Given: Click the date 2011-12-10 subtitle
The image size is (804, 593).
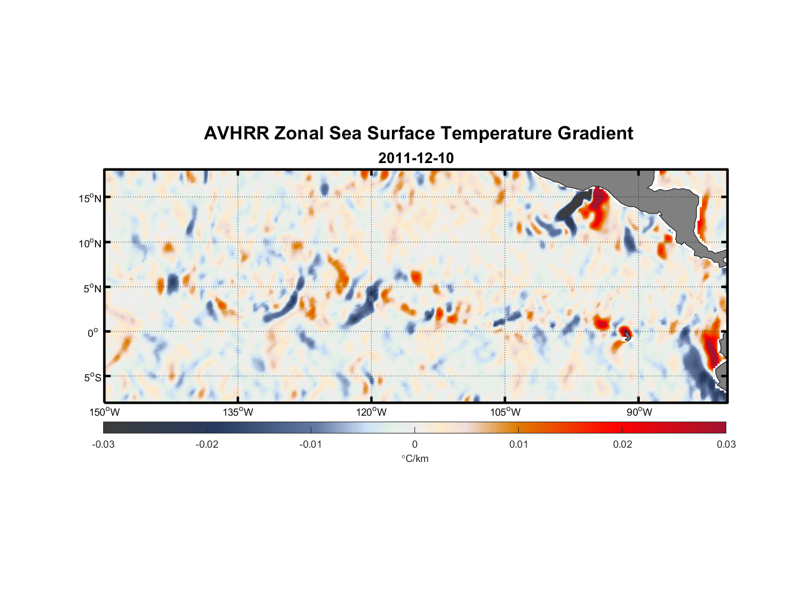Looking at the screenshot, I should [x=416, y=158].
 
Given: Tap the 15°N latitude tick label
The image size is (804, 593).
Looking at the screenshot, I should [x=90, y=198].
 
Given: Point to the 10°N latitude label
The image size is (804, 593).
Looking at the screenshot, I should [x=90, y=243].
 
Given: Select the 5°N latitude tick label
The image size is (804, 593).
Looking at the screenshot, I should [x=92, y=288].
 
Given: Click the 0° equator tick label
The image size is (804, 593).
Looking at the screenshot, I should [x=93, y=333].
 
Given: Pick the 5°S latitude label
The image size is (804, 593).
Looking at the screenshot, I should [x=92, y=378].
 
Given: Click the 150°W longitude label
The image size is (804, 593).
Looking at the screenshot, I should [x=104, y=412].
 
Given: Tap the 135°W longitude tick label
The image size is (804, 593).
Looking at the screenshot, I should [x=238, y=412].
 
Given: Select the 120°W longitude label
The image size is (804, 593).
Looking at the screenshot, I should [x=371, y=412].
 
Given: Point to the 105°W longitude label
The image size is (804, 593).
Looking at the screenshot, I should [x=505, y=412].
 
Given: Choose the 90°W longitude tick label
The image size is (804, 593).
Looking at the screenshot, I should [x=639, y=412].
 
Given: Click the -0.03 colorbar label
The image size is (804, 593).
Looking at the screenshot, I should [x=103, y=444].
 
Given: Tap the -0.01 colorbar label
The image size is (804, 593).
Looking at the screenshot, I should [x=311, y=444].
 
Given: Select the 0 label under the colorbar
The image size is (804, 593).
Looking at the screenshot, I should [x=414, y=444].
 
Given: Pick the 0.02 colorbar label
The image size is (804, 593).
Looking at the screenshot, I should [x=623, y=444].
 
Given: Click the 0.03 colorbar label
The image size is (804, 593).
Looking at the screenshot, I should [x=726, y=444].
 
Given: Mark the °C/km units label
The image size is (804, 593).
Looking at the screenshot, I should [x=414, y=458].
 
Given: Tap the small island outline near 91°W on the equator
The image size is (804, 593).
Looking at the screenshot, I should [x=628, y=336].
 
